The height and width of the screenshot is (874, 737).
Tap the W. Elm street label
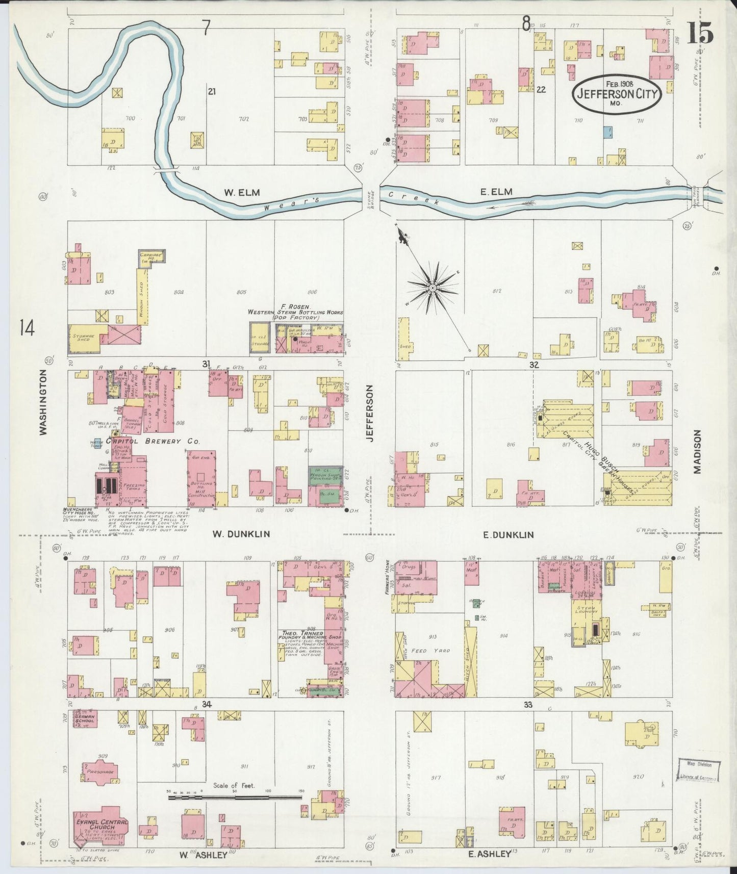pyautogui.click(x=242, y=192)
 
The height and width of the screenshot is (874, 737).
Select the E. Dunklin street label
pyautogui.click(x=508, y=534)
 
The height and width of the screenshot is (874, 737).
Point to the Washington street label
pyautogui.click(x=43, y=402)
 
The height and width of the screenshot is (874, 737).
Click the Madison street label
pyautogui.click(x=697, y=451)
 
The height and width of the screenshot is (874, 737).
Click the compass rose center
pyautogui.click(x=432, y=288)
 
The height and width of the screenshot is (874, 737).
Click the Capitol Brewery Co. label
pyautogui.click(x=153, y=441)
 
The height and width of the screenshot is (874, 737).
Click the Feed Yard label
pyautogui.click(x=425, y=651)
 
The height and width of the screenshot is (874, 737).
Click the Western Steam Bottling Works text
pyautogui.click(x=295, y=312)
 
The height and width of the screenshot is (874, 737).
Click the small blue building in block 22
pyautogui.click(x=607, y=132)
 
